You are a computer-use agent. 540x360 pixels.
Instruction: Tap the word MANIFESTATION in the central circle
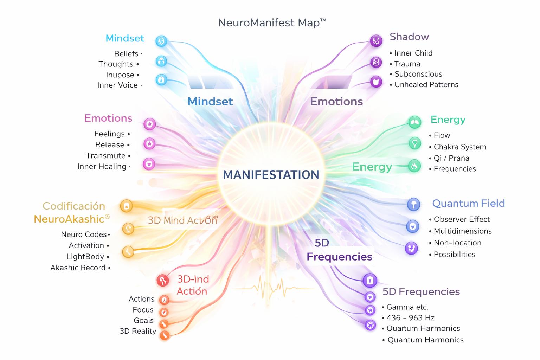pos(271,175)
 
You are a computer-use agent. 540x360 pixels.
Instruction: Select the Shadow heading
pos(409,37)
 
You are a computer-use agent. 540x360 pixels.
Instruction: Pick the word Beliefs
pos(126,54)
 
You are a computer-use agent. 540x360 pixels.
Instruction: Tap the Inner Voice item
pos(117,85)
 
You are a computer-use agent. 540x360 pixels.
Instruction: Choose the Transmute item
pos(106,156)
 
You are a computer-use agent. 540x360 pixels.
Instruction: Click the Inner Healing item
pos(102,167)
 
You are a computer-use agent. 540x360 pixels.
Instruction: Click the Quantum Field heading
pos(468,203)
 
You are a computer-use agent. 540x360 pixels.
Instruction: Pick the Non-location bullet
pos(457,243)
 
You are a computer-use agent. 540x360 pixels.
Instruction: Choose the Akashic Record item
pos(78,268)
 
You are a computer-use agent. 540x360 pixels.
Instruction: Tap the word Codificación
pos(74,206)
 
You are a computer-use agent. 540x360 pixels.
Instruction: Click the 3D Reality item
pos(138,331)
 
